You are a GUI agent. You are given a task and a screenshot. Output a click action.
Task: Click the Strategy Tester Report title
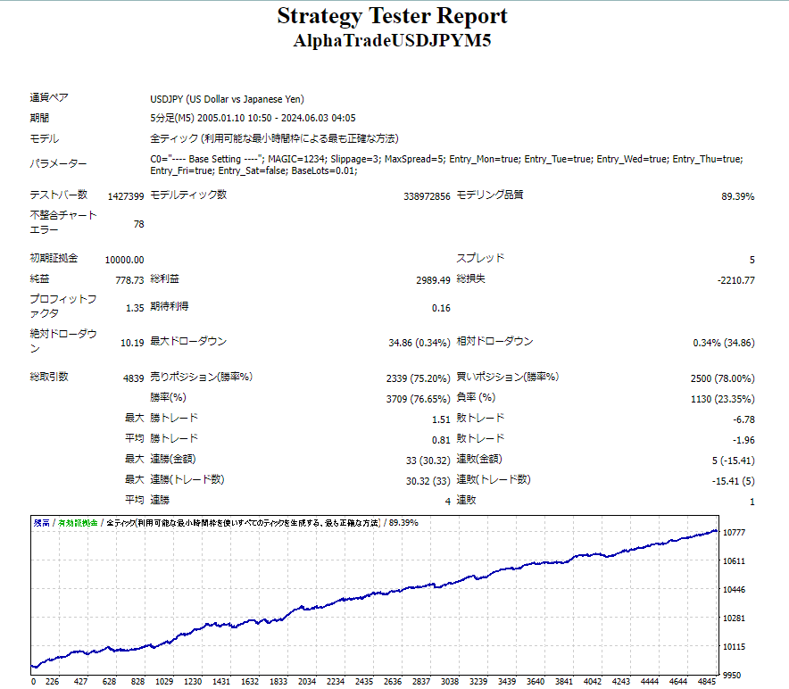392,16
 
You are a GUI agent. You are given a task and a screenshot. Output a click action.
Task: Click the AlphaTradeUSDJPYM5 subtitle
393,41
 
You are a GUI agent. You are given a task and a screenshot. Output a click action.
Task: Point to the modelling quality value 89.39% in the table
737,195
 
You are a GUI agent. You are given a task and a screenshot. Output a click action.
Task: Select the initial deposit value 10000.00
124,260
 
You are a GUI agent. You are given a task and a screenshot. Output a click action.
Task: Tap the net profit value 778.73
129,280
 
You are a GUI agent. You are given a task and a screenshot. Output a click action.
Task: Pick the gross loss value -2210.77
735,280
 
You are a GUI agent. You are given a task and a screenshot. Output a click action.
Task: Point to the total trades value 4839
133,378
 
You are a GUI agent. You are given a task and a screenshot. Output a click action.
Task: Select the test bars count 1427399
125,195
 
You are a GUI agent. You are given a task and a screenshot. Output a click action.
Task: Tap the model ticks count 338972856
427,195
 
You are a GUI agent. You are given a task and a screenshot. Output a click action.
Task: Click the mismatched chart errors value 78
138,224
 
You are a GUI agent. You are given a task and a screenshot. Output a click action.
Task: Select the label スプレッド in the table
480,259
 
